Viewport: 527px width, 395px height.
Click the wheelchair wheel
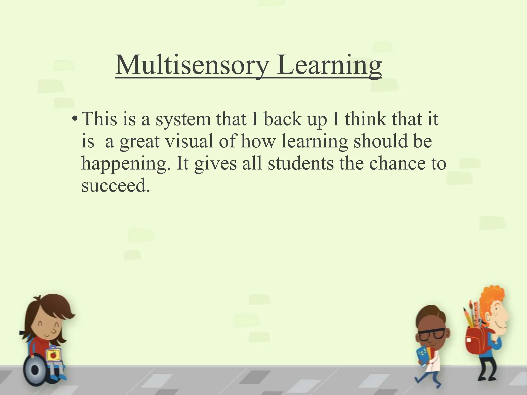[x=35, y=370]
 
